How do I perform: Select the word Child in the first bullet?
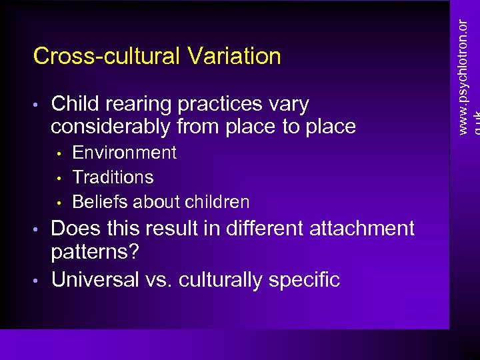[x=75, y=104]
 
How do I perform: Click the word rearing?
[x=137, y=105]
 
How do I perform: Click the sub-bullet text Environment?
[x=124, y=153]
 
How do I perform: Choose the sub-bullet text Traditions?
[x=113, y=177]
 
